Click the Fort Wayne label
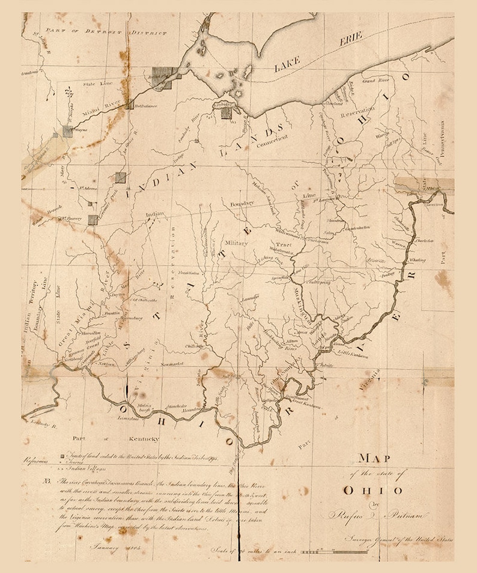[81, 129]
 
